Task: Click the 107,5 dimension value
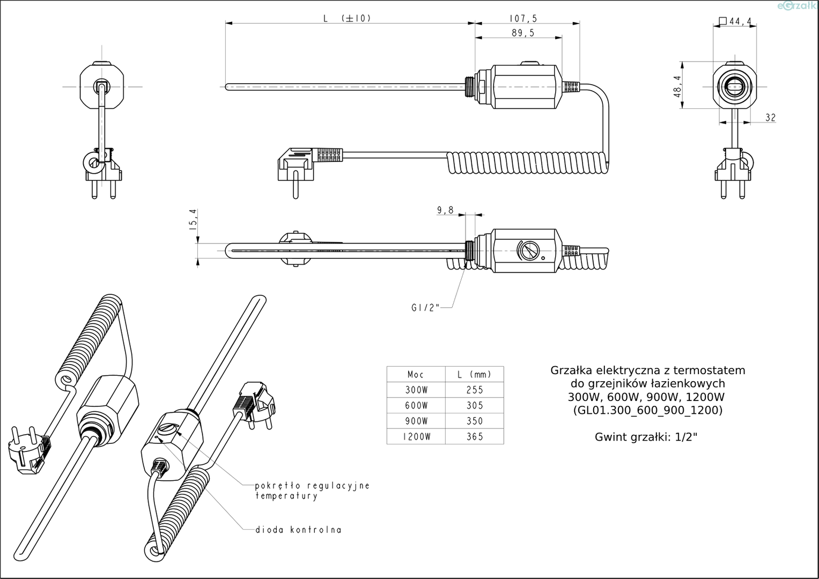(523, 18)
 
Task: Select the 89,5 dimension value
(523, 33)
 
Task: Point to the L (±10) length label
(347, 18)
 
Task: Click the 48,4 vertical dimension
(678, 86)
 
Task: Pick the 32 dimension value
(770, 118)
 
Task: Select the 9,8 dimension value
(445, 210)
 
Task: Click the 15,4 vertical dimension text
(193, 219)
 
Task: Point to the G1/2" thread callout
(425, 308)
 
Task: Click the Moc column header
(416, 375)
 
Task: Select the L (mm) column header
(475, 375)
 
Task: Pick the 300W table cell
(416, 390)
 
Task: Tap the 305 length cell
(475, 405)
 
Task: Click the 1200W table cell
(416, 436)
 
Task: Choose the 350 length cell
(475, 421)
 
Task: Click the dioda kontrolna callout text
(298, 530)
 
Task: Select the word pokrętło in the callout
(278, 486)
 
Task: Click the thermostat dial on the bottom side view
(528, 251)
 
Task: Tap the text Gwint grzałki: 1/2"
(646, 437)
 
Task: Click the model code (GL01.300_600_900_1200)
(647, 411)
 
